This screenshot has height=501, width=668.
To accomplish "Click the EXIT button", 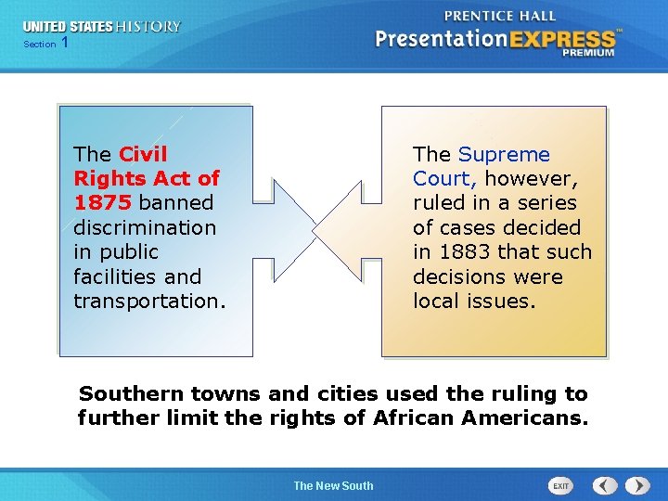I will [x=561, y=485].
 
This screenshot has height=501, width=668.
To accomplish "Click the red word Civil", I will [x=144, y=154].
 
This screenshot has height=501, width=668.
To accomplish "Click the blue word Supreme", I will [x=504, y=155].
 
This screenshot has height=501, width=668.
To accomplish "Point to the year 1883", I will [x=464, y=252].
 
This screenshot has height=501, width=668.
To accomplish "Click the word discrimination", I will [x=144, y=228].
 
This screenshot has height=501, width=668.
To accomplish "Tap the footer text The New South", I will [x=333, y=485].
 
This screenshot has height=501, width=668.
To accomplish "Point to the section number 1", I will [x=64, y=44].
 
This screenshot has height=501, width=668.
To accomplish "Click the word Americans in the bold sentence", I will [x=527, y=418].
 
